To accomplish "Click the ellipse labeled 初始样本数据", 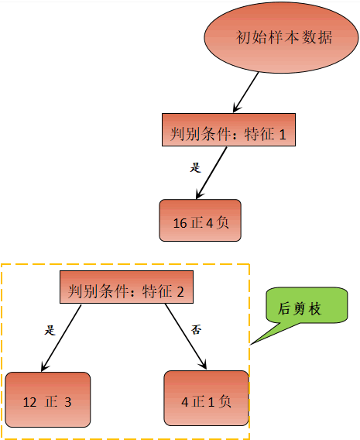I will point(279,38).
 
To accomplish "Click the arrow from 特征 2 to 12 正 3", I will point(61,338).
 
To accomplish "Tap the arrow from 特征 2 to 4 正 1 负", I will point(187,337).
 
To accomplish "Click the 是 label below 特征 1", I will point(195,167).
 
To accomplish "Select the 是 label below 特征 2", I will point(50,329).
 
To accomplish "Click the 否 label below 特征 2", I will point(197,329).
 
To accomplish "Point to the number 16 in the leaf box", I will point(180,223).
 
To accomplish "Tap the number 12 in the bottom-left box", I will point(29,402).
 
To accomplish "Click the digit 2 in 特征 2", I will point(179,291).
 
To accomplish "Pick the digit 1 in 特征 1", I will point(283,135).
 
